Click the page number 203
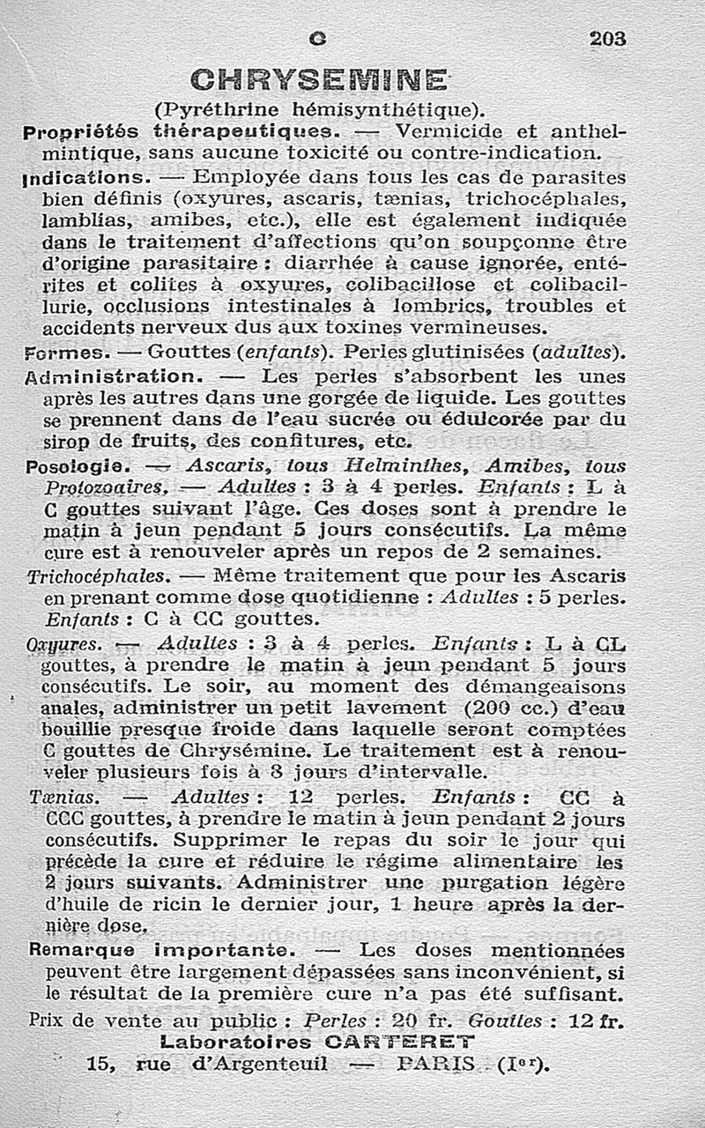click(607, 39)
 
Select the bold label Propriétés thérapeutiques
click(184, 132)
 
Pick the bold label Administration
click(115, 375)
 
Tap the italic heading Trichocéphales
click(98, 577)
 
